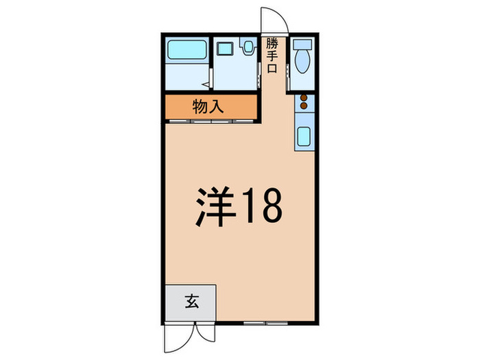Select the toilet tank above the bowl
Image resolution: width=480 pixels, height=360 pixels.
click(302, 45)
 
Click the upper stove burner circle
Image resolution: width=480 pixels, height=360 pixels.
click(302, 98)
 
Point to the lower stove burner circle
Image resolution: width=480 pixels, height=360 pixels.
click(302, 108)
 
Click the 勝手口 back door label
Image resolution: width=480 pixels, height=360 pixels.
click(272, 55)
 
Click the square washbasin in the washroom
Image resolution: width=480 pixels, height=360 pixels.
click(224, 49)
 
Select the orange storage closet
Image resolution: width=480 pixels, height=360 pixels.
click(210, 107)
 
